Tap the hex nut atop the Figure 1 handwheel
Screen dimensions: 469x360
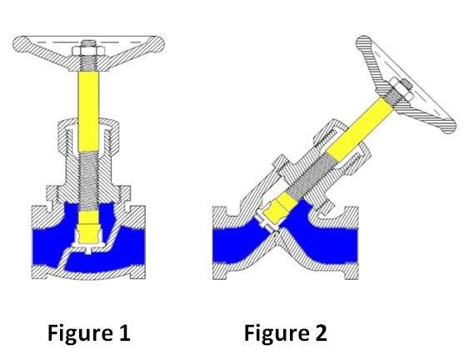point(88,51)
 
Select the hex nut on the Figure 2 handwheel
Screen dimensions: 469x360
point(400,87)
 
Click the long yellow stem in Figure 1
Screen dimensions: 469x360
point(88,112)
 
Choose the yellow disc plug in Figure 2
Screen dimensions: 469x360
point(278,208)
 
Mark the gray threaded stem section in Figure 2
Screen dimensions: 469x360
point(310,177)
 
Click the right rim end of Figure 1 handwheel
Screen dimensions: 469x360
point(157,44)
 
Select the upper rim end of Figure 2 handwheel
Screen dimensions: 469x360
point(363,42)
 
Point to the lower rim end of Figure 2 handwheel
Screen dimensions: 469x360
point(448,126)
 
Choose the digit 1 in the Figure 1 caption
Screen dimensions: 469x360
point(125,333)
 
